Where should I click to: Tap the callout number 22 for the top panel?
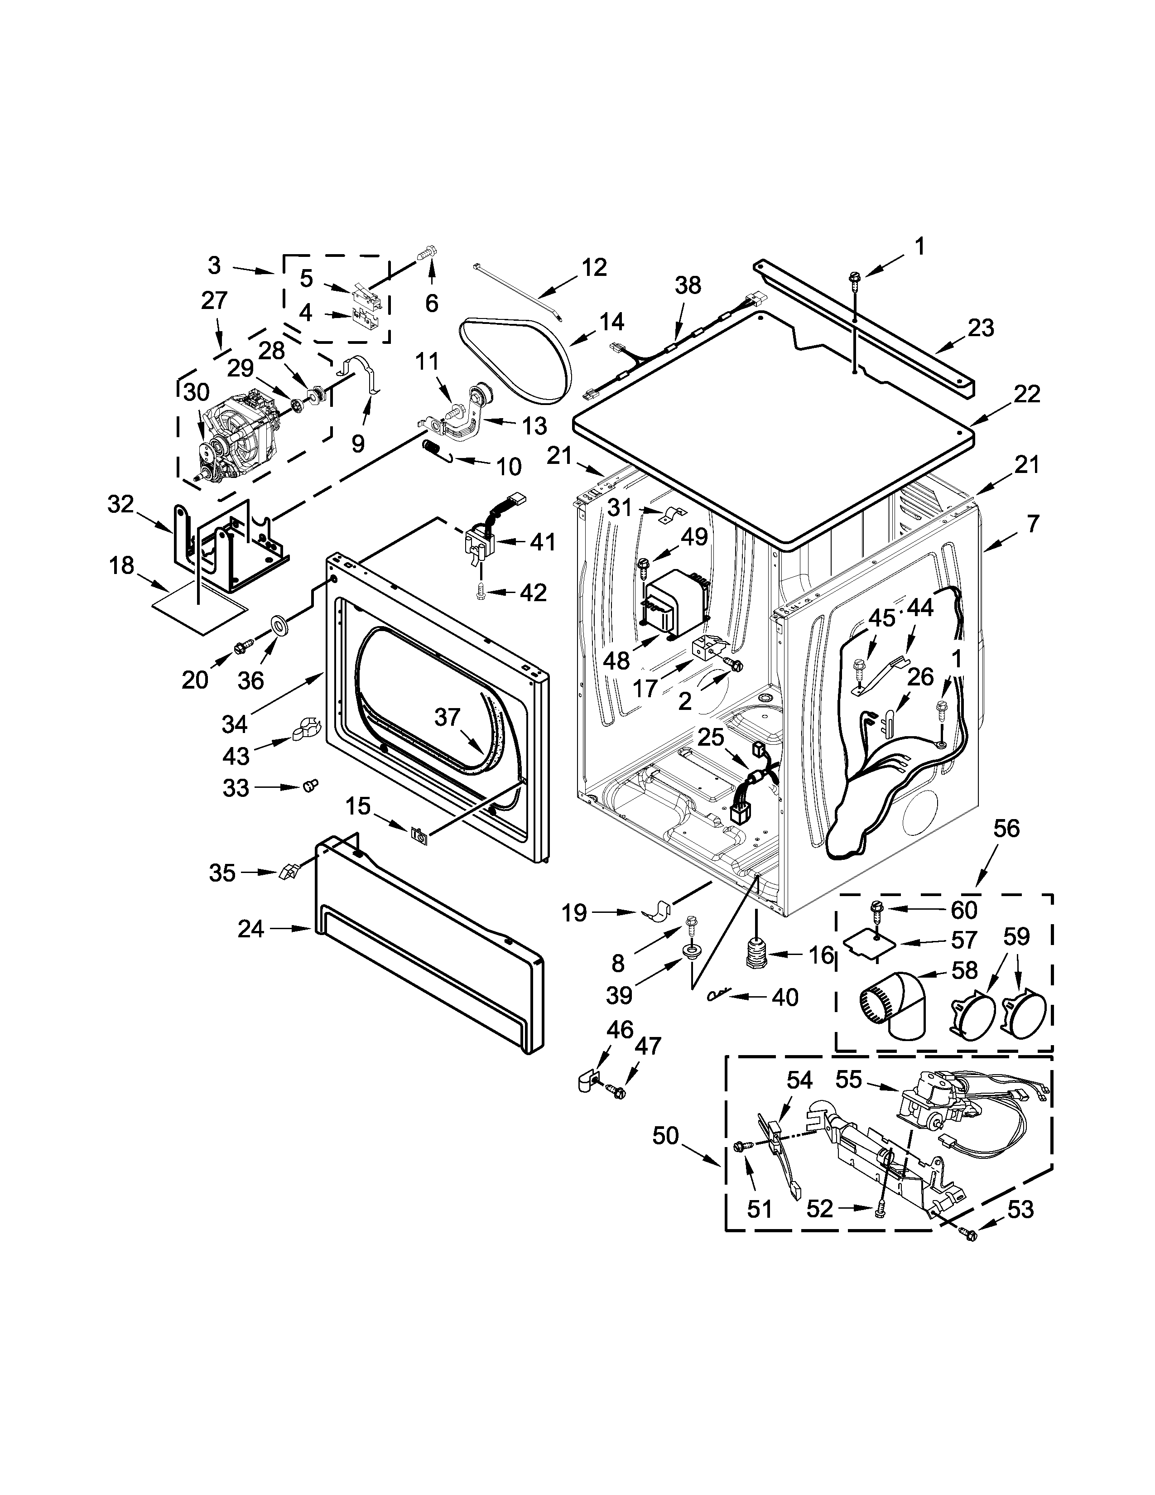(1026, 394)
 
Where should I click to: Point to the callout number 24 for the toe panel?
(251, 929)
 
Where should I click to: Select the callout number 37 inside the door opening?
(448, 717)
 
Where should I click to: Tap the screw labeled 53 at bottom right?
(968, 1234)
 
